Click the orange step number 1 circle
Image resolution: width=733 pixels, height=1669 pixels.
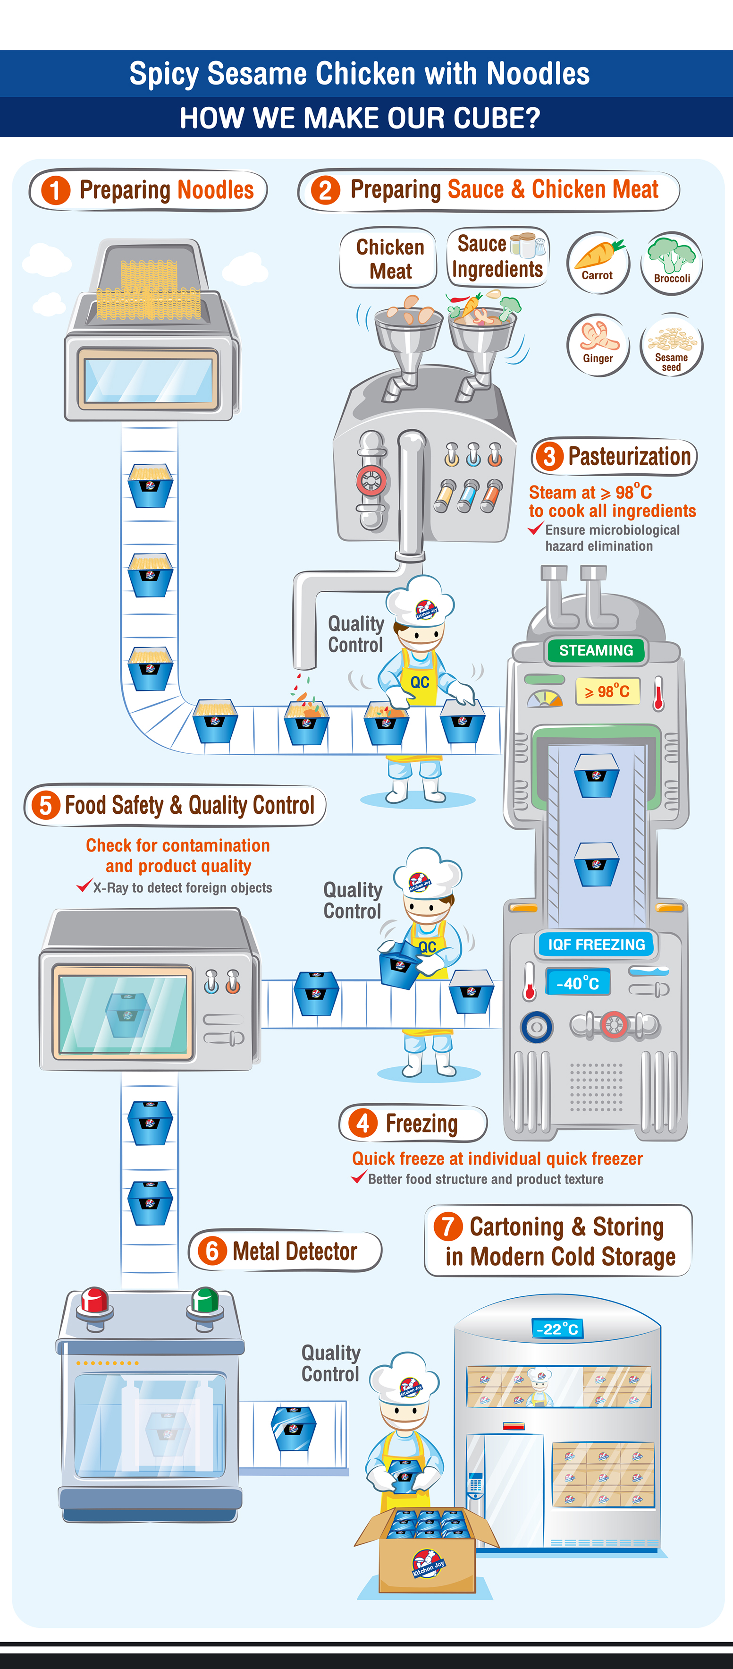56,190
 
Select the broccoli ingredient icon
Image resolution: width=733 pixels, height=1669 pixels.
672,263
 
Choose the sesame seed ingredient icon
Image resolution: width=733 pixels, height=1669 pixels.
672,345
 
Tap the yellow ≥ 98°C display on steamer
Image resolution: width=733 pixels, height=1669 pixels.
607,691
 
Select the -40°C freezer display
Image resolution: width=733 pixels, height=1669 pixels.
578,983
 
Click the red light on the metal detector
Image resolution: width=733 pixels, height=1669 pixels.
94,1300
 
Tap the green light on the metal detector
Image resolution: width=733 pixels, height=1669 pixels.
205,1300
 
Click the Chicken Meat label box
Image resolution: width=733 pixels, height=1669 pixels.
390,258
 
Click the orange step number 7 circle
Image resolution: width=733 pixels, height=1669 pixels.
448,1226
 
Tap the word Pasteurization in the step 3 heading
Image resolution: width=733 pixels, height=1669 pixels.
629,456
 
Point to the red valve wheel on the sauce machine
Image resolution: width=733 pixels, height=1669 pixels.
371,481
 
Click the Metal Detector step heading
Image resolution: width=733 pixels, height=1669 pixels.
285,1251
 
